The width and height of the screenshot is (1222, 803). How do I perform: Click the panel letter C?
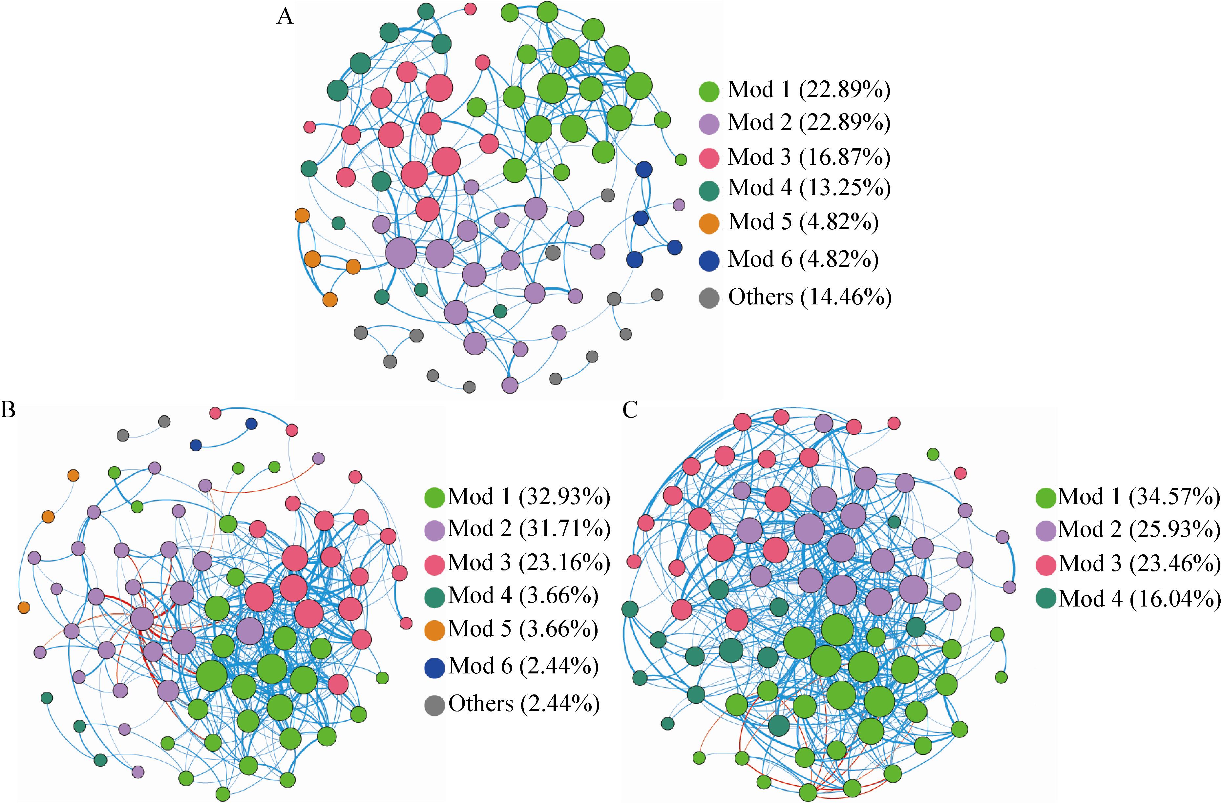630,410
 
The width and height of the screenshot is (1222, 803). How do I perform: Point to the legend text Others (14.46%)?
810,297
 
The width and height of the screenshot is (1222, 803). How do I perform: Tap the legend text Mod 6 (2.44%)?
523,666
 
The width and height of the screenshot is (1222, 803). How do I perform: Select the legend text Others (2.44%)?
524,704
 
